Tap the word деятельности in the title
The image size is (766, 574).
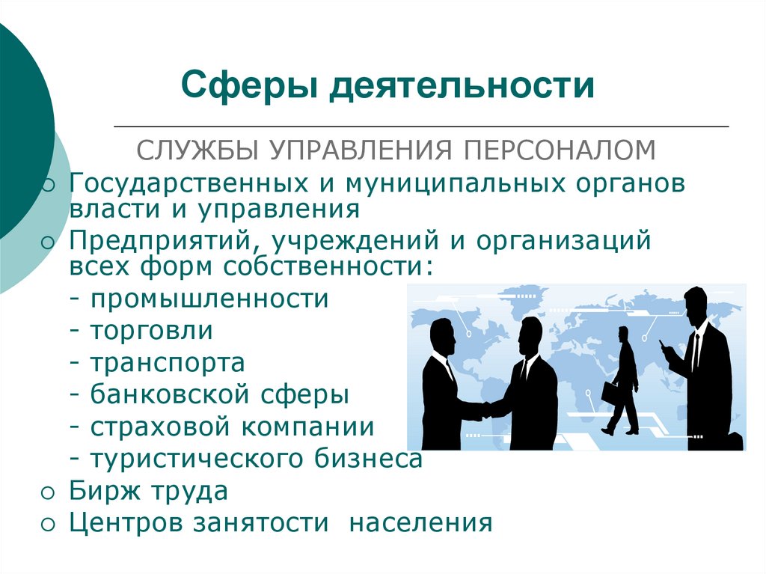tap(462, 85)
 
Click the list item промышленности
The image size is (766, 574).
tap(209, 299)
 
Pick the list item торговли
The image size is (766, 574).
tap(151, 331)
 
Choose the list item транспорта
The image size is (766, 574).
tap(168, 363)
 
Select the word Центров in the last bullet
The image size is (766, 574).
tap(126, 522)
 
